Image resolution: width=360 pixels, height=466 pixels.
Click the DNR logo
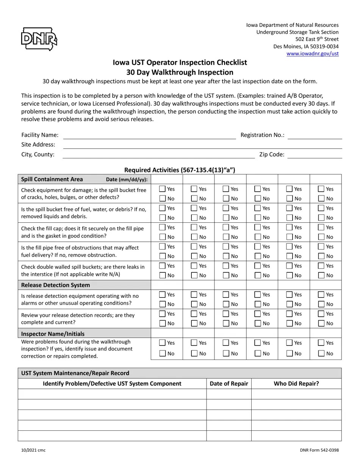click(x=39, y=39)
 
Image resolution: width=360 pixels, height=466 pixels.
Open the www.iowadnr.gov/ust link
click(x=312, y=54)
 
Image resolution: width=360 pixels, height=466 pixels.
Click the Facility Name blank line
click(x=149, y=136)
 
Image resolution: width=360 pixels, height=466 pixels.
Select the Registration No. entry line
click(x=315, y=136)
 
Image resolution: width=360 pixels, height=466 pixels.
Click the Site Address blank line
click(x=202, y=145)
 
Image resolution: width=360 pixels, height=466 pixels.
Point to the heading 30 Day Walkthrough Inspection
click(x=180, y=72)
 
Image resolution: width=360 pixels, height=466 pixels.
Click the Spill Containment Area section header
click(x=52, y=179)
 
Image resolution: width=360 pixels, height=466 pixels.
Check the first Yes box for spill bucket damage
click(x=163, y=189)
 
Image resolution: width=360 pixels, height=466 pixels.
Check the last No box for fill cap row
click(x=321, y=237)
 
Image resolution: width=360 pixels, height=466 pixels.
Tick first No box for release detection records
click(x=163, y=323)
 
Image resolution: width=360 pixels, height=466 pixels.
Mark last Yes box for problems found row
click(x=321, y=342)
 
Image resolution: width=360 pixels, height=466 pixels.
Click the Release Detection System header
click(x=55, y=285)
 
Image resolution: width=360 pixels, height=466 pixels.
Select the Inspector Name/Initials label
click(x=53, y=333)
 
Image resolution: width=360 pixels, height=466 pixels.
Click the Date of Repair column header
click(x=229, y=383)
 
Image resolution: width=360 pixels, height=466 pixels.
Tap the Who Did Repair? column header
click(x=296, y=383)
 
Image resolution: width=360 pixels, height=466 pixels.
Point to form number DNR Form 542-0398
click(x=319, y=450)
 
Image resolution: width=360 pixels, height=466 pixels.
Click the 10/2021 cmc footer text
click(x=33, y=450)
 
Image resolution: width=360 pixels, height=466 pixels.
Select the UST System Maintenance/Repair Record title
click(x=75, y=373)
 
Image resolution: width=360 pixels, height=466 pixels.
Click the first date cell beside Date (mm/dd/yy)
click(x=167, y=179)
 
